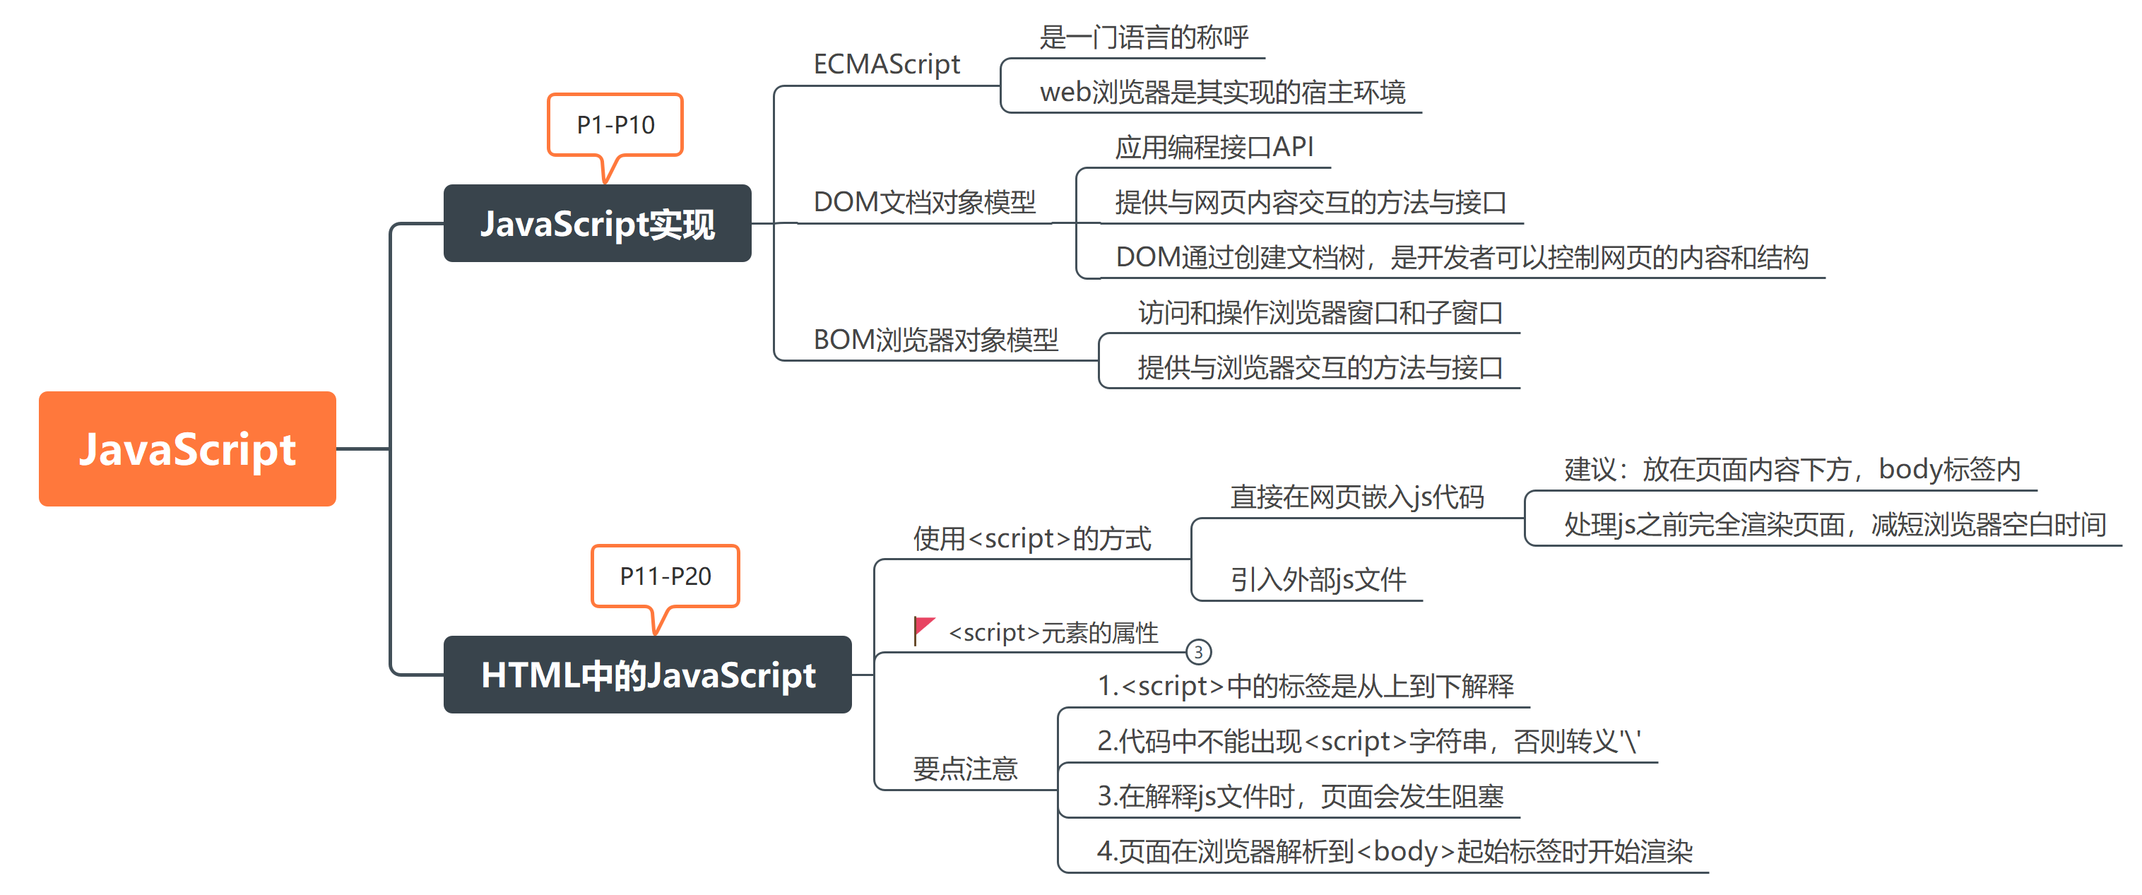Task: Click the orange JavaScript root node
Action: pos(187,449)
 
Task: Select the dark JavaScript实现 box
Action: pos(597,224)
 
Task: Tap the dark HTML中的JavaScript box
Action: pos(647,675)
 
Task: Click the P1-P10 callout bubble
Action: pos(615,125)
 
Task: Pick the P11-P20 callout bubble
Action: pos(665,576)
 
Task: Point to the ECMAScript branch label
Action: pos(887,64)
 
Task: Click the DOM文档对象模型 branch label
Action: pos(925,202)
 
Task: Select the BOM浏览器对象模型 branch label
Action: pos(935,339)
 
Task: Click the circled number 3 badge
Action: pos(1198,652)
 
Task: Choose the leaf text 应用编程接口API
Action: pos(1214,147)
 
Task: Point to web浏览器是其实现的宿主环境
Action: pos(1222,93)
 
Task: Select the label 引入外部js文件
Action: pos(1318,579)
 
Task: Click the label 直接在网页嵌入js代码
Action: pos(1357,497)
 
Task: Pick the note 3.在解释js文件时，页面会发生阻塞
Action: pos(1301,796)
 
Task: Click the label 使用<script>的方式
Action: pos(1032,538)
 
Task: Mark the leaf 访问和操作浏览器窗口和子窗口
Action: pos(1320,313)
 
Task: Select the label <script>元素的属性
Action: pos(1053,633)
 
